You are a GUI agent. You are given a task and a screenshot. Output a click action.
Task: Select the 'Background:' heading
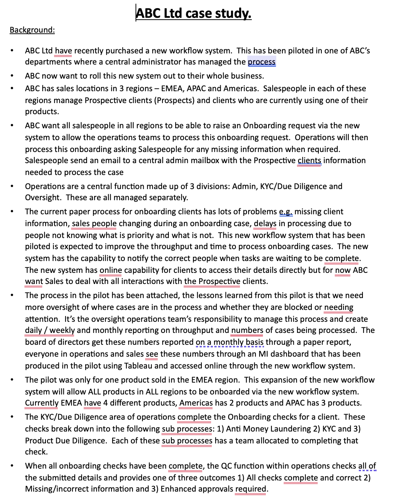[x=32, y=30]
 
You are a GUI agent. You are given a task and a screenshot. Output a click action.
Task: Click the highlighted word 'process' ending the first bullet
[x=261, y=62]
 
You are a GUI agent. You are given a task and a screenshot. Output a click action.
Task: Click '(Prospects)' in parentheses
[x=174, y=100]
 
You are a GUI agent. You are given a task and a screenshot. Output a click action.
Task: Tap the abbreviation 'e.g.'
[x=286, y=212]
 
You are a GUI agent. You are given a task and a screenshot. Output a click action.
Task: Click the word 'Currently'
[x=41, y=403]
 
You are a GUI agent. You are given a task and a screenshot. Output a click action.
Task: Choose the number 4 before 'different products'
[x=106, y=403]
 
